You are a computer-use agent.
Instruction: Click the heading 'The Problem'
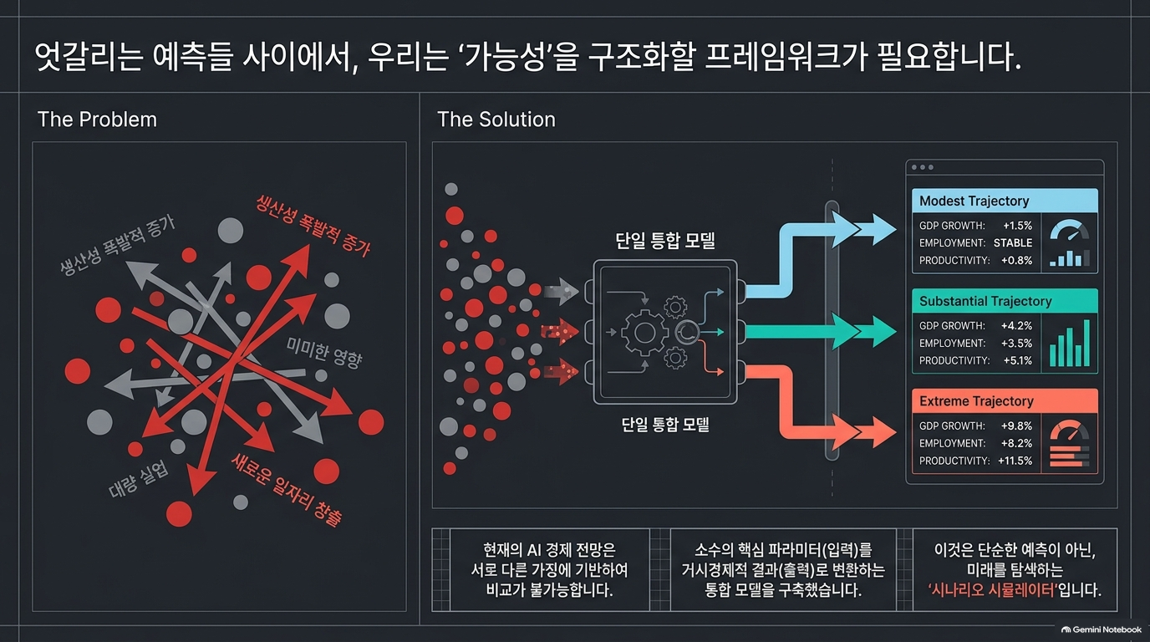pyautogui.click(x=97, y=120)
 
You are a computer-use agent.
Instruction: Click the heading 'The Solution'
pyautogui.click(x=496, y=120)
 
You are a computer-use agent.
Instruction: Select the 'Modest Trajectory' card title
pyautogui.click(x=974, y=201)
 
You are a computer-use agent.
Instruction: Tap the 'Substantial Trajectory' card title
pyautogui.click(x=985, y=301)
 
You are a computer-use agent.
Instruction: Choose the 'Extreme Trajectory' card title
pyautogui.click(x=976, y=401)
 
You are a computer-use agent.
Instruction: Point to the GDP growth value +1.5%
pyautogui.click(x=1017, y=226)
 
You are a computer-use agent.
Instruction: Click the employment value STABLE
pyautogui.click(x=1012, y=243)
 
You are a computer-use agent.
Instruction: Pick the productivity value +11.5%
pyautogui.click(x=1015, y=461)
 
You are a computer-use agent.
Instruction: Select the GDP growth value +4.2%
pyautogui.click(x=1016, y=326)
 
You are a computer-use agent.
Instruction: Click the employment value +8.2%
pyautogui.click(x=1016, y=443)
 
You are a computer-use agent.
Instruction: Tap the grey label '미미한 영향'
pyautogui.click(x=324, y=354)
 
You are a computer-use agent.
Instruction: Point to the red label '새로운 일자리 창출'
pyautogui.click(x=286, y=490)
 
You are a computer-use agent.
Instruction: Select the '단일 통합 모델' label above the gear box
pyautogui.click(x=665, y=241)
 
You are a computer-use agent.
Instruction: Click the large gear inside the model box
pyautogui.click(x=644, y=333)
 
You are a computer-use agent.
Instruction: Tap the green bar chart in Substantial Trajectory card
pyautogui.click(x=1070, y=343)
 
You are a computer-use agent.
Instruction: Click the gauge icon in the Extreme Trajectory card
pyautogui.click(x=1069, y=431)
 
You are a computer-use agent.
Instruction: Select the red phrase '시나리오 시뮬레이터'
pyautogui.click(x=993, y=590)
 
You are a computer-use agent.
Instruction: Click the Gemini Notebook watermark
pyautogui.click(x=1102, y=629)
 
